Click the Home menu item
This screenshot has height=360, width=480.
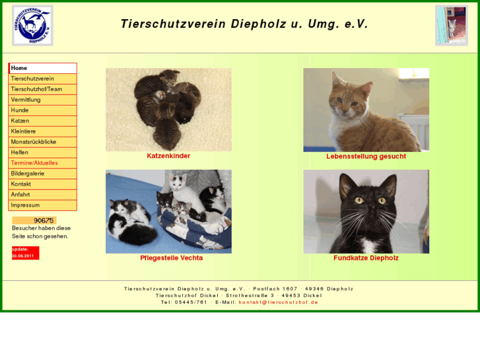coord(20,68)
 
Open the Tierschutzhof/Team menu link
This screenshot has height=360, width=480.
coord(36,89)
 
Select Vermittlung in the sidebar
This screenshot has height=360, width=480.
coord(26,100)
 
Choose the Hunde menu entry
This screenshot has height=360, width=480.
coord(20,110)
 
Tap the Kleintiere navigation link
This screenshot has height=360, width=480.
coord(23,131)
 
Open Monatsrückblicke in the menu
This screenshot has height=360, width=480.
coord(34,142)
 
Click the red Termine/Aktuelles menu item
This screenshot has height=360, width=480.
coord(34,163)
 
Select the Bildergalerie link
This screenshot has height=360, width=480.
coord(28,174)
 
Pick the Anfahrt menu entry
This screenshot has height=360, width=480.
coord(21,195)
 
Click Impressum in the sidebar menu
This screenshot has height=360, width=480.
coord(25,205)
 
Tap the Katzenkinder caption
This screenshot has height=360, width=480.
coord(168,157)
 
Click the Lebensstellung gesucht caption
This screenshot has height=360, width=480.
coord(366,157)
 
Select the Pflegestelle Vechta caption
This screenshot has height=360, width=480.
coord(171,258)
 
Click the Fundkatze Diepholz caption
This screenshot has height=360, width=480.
coord(366,258)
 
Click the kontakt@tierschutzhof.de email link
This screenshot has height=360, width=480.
coord(278,302)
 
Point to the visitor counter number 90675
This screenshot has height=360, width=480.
coord(43,221)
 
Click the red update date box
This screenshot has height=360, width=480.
coord(25,252)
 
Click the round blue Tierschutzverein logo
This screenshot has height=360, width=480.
coord(32,26)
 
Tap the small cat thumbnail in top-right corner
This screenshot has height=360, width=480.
coord(452,26)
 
